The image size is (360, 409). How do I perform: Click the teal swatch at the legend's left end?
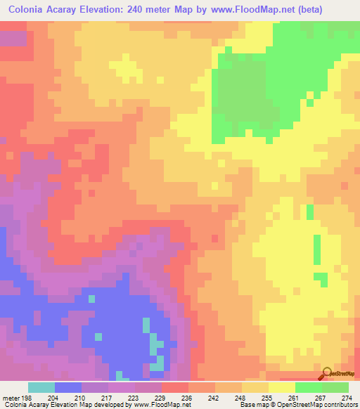tap(41, 387)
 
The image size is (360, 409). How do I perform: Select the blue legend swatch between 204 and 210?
tap(67, 387)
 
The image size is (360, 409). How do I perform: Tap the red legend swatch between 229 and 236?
tap(175, 387)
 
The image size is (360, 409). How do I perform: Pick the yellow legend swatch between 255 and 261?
tap(282, 387)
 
